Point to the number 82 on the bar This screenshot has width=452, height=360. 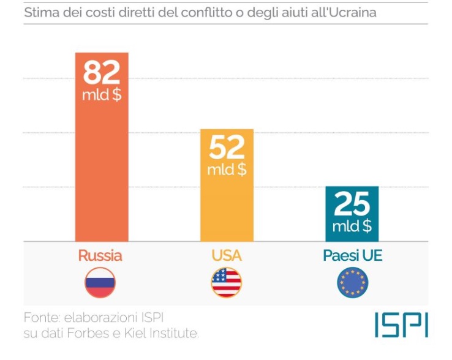point(102,73)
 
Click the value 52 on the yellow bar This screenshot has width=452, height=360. point(227,148)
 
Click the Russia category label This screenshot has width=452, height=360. point(100,255)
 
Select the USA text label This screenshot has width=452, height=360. point(227,255)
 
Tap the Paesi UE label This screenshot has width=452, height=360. point(352,255)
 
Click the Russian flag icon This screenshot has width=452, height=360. point(100,283)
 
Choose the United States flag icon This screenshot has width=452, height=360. point(227,283)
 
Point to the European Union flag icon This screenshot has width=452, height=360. point(353,283)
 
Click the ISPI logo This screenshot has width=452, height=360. point(401,325)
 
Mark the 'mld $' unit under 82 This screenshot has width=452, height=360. point(102,96)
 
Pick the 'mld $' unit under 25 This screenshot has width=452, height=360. point(352,226)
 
